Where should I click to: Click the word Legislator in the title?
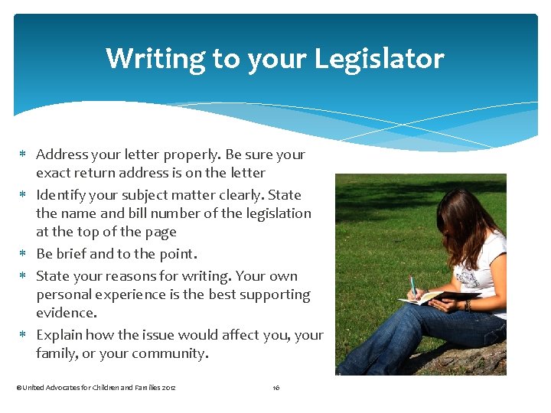(x=386, y=59)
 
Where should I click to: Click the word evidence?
(x=66, y=313)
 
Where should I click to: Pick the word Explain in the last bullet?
(x=59, y=335)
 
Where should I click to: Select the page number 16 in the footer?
(x=276, y=388)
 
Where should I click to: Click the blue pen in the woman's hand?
(x=413, y=286)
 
